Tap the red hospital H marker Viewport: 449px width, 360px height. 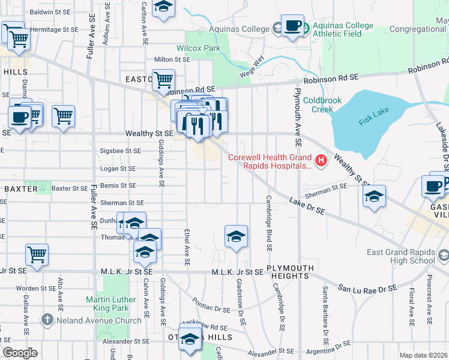click(x=322, y=160)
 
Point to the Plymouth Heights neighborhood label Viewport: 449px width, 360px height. click(x=288, y=272)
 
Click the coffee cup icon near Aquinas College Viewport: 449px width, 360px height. click(x=292, y=26)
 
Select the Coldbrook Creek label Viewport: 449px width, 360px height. click(x=318, y=104)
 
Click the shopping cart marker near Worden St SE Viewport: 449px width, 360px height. click(x=37, y=254)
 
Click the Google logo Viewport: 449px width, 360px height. click(x=19, y=353)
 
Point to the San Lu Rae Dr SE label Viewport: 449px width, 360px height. click(x=367, y=289)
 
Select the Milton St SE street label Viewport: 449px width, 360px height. click(x=172, y=59)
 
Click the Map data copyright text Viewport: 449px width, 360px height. click(x=423, y=355)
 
